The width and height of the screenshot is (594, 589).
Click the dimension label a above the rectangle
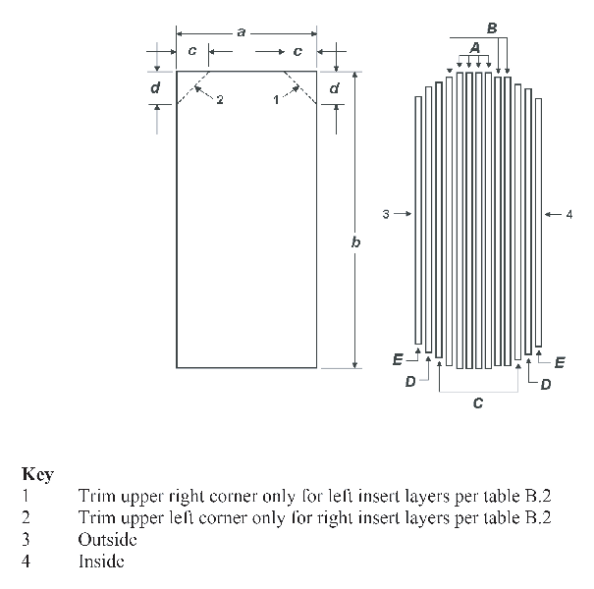(x=242, y=33)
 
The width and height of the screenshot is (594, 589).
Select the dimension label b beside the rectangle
(x=355, y=241)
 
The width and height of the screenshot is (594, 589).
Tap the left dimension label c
(x=192, y=51)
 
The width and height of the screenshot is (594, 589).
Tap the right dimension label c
(x=297, y=51)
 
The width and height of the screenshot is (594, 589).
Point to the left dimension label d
(x=155, y=88)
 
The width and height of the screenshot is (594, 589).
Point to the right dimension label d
(x=334, y=88)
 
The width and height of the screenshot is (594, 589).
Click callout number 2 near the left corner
(x=220, y=100)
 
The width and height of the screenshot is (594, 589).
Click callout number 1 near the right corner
(x=276, y=100)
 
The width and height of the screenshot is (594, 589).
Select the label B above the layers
(x=492, y=28)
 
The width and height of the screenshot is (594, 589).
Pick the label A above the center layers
(x=474, y=48)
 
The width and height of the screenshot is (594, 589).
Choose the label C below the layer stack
(x=478, y=403)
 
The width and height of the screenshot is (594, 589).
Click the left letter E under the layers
(x=398, y=359)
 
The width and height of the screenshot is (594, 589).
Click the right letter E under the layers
(x=560, y=363)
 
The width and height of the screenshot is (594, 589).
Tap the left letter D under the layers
(x=410, y=382)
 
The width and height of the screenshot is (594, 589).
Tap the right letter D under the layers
(x=546, y=385)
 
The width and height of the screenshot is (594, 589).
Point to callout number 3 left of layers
(x=386, y=214)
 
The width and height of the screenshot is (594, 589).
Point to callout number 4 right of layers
(x=569, y=215)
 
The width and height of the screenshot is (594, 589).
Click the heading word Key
(x=38, y=474)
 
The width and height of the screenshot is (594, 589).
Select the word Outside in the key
(x=107, y=539)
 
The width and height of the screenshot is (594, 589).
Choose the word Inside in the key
(x=101, y=562)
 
